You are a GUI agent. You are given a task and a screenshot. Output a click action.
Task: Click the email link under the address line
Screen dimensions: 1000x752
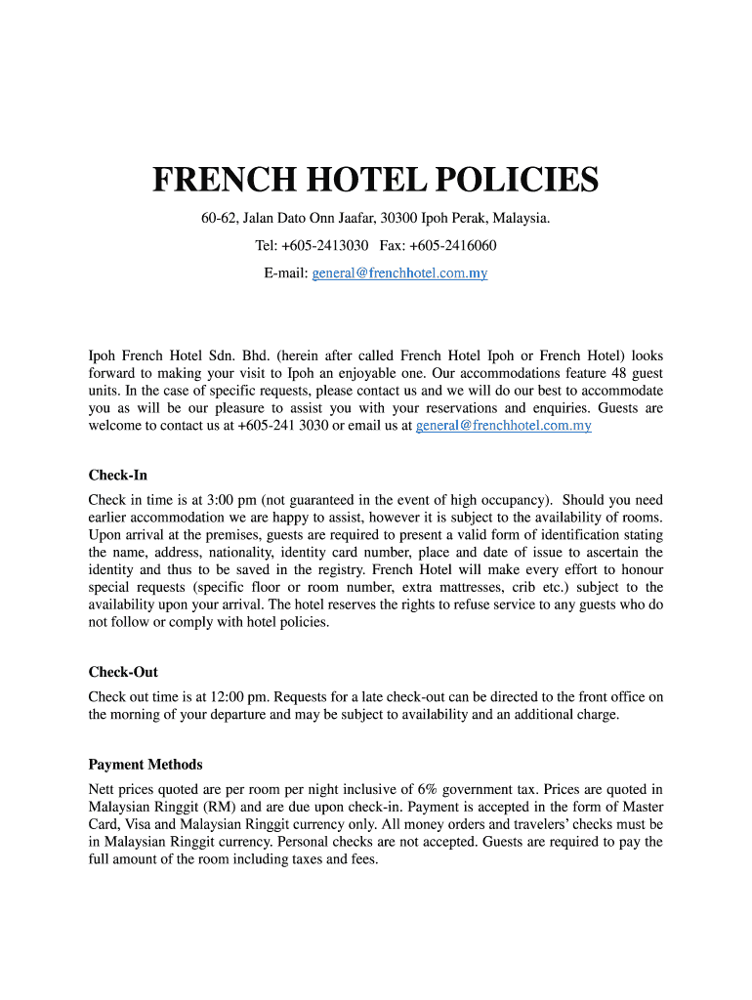point(399,273)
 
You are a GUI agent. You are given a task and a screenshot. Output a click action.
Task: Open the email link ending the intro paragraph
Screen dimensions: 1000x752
point(503,426)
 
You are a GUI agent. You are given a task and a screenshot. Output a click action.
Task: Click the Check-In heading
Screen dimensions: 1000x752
point(118,475)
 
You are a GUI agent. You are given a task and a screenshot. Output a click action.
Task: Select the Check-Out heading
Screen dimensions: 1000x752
point(123,672)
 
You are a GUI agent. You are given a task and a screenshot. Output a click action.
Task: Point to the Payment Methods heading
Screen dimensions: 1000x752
point(146,764)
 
